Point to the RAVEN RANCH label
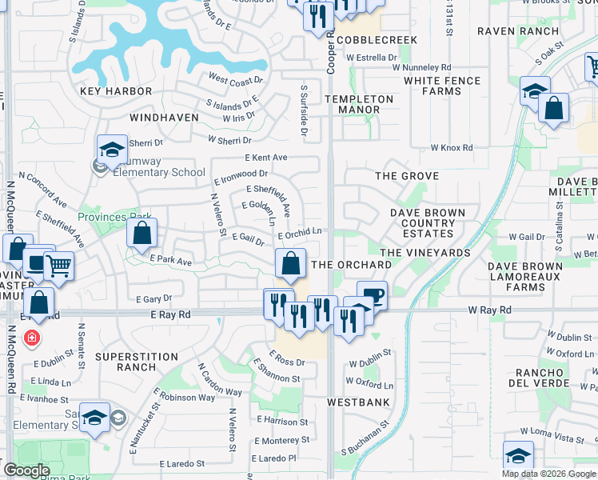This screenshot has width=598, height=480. pos(517,31)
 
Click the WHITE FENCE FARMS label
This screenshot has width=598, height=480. pos(442,86)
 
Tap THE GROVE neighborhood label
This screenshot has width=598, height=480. pos(408,175)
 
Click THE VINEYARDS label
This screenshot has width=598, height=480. pos(425,253)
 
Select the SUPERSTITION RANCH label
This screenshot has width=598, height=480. pos(137,362)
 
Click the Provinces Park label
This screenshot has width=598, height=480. pos(114,217)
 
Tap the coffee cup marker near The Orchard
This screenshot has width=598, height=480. pos(372,295)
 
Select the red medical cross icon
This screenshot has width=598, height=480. pos(31,338)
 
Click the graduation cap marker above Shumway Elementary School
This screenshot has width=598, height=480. pos(112,149)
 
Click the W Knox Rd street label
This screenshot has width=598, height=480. pos(452,148)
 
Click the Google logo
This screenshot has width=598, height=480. pos(26,470)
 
